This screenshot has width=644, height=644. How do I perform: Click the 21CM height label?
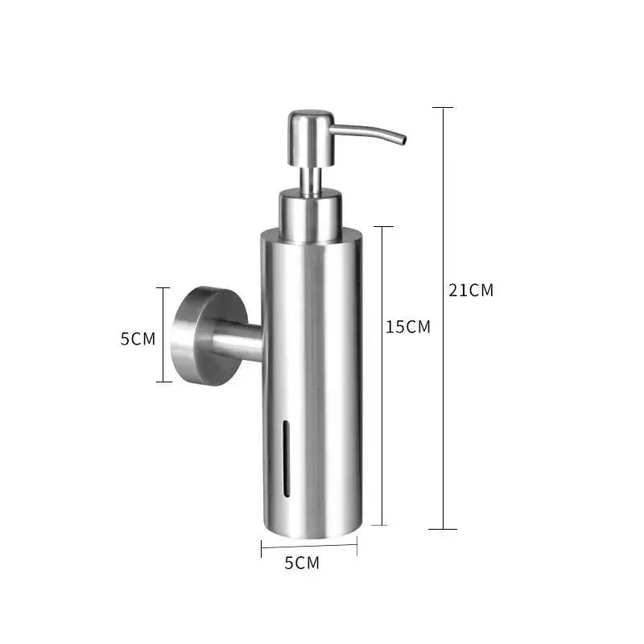[x=471, y=291]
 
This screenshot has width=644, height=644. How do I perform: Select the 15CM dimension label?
[x=408, y=327]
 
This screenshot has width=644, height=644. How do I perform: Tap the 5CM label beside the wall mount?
[x=138, y=338]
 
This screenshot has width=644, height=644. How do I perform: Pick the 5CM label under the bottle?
[x=302, y=563]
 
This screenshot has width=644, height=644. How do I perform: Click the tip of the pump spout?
[x=404, y=141]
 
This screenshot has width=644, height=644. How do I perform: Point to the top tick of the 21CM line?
[x=443, y=107]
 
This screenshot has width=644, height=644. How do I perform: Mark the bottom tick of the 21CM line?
[x=443, y=529]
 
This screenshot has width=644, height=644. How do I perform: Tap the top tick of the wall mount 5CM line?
[x=163, y=287]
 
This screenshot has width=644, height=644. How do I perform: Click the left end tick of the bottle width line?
[x=262, y=548]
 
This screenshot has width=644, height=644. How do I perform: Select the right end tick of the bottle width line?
[x=357, y=548]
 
